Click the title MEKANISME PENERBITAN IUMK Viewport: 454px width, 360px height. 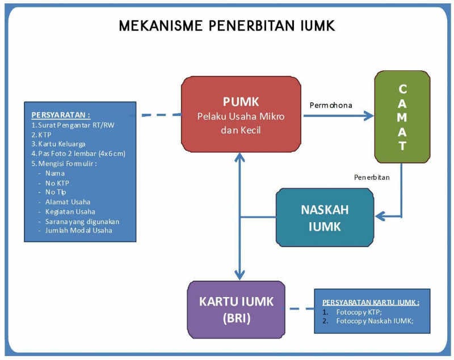227,26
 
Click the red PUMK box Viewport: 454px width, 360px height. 241,115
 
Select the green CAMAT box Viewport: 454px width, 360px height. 402,117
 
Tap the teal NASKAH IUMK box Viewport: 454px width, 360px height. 325,217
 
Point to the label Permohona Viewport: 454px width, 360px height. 330,105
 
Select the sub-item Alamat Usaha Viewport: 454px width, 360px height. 68,201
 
